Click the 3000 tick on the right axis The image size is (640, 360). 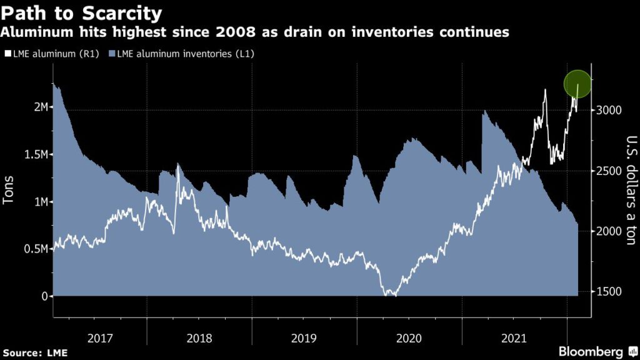coord(607,110)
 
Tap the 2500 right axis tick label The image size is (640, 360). coord(607,171)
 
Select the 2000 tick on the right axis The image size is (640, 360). coord(607,231)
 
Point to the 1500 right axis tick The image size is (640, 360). coord(607,292)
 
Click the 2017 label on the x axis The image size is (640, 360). coord(100,338)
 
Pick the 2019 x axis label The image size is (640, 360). coord(304,338)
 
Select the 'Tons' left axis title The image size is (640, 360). coord(9,188)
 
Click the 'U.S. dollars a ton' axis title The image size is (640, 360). coord(630,190)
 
